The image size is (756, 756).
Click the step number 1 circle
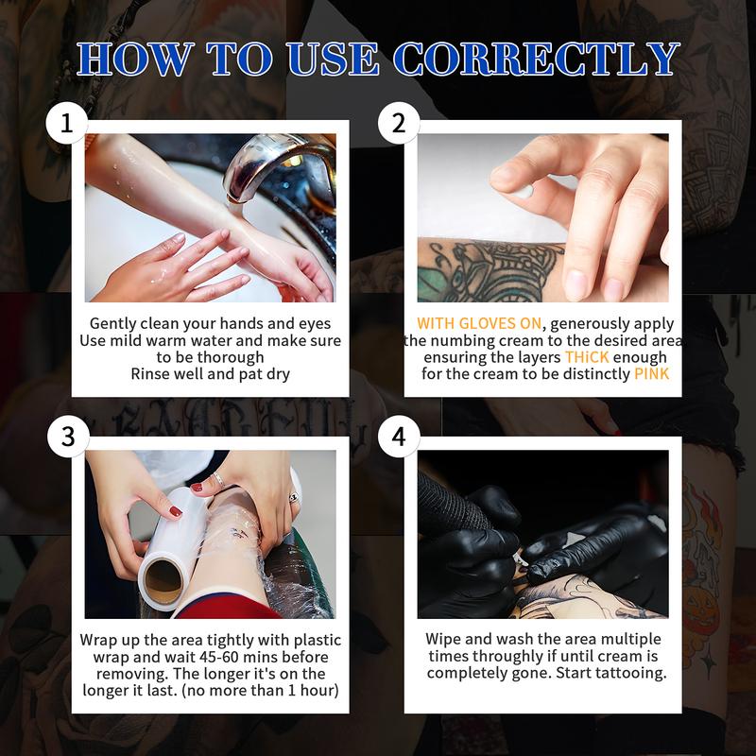tap(67, 124)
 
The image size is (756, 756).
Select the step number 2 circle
tap(398, 124)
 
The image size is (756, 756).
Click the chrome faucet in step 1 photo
tap(274, 165)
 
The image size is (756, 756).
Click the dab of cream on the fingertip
tap(521, 191)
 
